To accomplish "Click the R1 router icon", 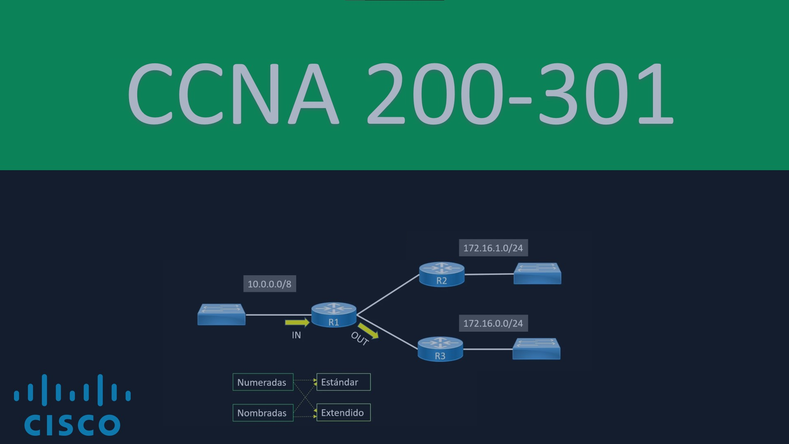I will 334,315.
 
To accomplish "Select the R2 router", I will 441,274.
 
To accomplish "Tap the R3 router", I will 440,349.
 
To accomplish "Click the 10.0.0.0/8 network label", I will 270,284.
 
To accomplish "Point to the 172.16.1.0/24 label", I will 493,248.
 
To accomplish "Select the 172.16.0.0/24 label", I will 493,323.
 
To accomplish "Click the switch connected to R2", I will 537,273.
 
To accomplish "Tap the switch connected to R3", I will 536,349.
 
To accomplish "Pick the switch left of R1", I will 221,314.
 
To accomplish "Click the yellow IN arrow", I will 297,322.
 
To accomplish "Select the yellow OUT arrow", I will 368,331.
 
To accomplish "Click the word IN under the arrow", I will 296,335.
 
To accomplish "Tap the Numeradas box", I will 263,382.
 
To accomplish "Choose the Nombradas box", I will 263,413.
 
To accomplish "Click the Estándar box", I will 343,382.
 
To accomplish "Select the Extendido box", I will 343,412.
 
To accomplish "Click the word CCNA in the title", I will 233,94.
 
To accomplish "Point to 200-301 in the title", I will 520,94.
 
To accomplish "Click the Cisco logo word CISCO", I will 72,425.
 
